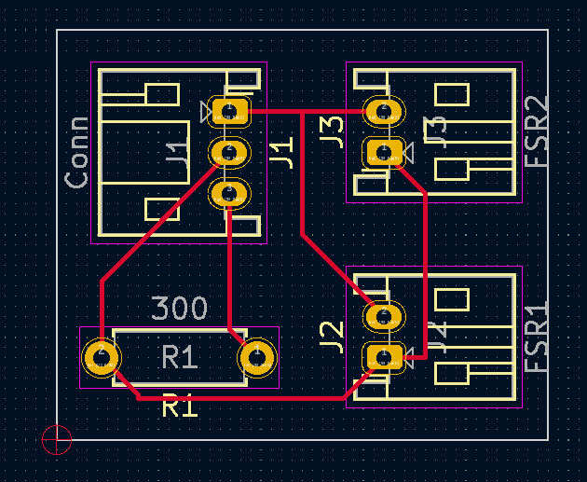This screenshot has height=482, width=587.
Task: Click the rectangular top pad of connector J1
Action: click(x=228, y=112)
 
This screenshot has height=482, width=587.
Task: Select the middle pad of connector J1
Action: click(x=228, y=152)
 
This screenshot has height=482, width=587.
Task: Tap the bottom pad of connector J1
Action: click(x=228, y=193)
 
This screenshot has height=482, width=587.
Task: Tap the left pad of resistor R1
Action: click(x=101, y=357)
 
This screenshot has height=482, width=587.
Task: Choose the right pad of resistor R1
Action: click(x=257, y=357)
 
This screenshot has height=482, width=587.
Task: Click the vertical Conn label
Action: click(x=77, y=152)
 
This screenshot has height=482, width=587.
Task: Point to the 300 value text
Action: click(x=179, y=308)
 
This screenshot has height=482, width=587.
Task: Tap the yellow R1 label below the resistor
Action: click(x=180, y=406)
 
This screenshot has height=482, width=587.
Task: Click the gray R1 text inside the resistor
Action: click(x=180, y=357)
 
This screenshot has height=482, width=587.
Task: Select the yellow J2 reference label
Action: click(x=333, y=335)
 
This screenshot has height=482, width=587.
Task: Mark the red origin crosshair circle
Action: click(x=57, y=439)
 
